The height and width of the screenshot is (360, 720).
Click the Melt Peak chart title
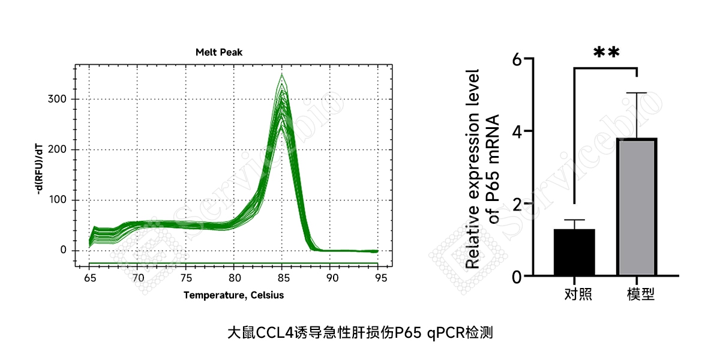pyautogui.click(x=219, y=52)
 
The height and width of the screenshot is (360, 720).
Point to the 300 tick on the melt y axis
pyautogui.click(x=57, y=98)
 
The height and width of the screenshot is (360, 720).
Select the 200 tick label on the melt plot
pyautogui.click(x=57, y=149)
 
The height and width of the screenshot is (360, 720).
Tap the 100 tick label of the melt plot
pyautogui.click(x=58, y=200)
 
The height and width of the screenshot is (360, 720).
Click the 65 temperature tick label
pyautogui.click(x=90, y=278)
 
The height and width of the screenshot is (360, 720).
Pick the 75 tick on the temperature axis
pyautogui.click(x=186, y=278)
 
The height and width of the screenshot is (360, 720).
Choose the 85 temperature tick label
pyautogui.click(x=283, y=278)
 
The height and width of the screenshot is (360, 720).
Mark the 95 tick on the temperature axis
pyautogui.click(x=381, y=278)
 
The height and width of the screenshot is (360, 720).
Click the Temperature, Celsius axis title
pyautogui.click(x=233, y=295)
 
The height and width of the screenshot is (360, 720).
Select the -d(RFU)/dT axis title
pyautogui.click(x=39, y=169)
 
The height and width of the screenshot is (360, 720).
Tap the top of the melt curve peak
pyautogui.click(x=282, y=74)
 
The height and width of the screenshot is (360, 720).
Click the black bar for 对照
pyautogui.click(x=574, y=252)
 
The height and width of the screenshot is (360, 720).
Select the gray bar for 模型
pyautogui.click(x=637, y=206)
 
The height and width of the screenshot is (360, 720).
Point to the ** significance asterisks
pyautogui.click(x=606, y=52)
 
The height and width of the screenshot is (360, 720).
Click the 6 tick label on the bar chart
pyautogui.click(x=517, y=59)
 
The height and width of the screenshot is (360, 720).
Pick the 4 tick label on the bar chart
pyautogui.click(x=517, y=132)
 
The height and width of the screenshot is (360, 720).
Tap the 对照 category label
pyautogui.click(x=578, y=295)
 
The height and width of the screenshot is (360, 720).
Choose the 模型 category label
pyautogui.click(x=641, y=295)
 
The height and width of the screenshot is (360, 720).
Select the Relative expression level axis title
pyautogui.click(x=473, y=169)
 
